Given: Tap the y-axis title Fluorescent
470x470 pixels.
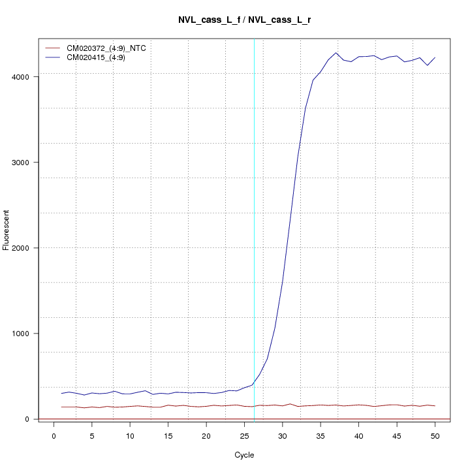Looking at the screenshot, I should pos(7,230).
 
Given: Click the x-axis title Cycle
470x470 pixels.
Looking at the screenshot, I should pos(244,455).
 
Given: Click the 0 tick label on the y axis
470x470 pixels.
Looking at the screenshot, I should pos(29,419).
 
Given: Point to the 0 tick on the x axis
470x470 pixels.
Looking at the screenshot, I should pos(54,435).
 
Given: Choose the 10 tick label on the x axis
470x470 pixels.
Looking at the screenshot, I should pos(130,435).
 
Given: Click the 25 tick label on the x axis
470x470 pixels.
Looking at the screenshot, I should pos(244,435).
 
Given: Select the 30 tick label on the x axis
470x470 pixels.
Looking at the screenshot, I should pos(282,435).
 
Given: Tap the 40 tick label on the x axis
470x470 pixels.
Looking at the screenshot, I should pos(358,435).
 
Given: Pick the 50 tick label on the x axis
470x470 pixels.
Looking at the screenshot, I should pos(435,435).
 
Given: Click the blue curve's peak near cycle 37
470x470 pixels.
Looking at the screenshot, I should pos(336,53).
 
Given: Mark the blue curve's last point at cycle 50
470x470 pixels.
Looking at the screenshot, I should pos(435,57).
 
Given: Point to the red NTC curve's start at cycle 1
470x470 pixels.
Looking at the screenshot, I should pos(61,407).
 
